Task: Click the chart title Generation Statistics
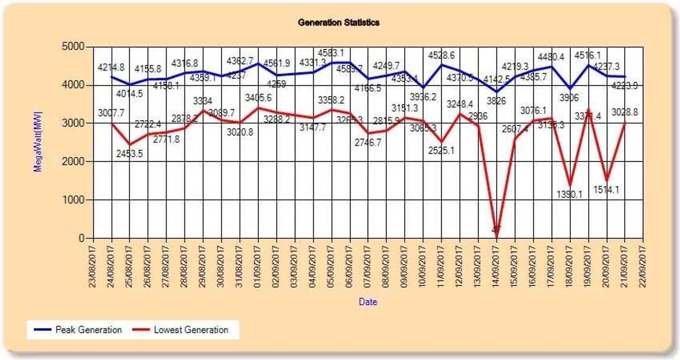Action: click(339, 22)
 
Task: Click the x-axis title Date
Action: click(367, 301)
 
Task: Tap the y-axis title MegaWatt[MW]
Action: click(38, 142)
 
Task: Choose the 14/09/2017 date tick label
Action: click(496, 267)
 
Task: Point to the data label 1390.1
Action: click(569, 195)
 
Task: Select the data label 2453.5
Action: click(129, 153)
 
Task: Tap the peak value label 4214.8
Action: click(111, 67)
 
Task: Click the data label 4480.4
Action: click(551, 57)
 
